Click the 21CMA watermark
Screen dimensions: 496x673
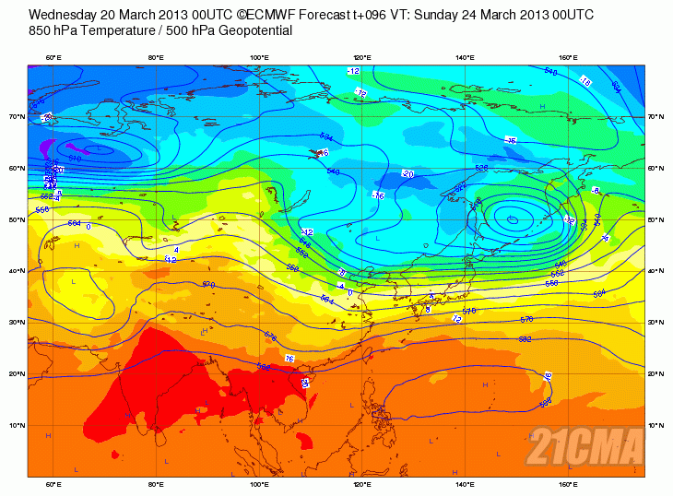pyautogui.click(x=584, y=448)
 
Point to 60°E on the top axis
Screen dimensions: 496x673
pyautogui.click(x=53, y=57)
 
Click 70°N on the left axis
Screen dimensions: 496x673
pyautogui.click(x=17, y=117)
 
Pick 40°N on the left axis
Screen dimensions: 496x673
pyautogui.click(x=17, y=271)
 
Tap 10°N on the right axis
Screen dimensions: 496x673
pyautogui.click(x=656, y=425)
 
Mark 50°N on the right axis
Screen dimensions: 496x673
pyautogui.click(x=656, y=219)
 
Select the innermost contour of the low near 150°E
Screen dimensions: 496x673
pyautogui.click(x=511, y=218)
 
